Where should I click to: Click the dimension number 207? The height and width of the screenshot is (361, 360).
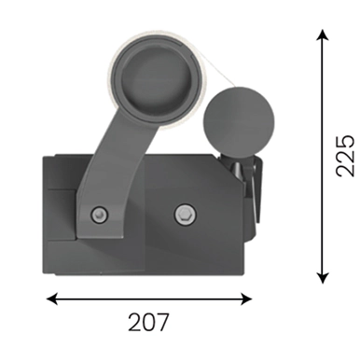tap(148, 322)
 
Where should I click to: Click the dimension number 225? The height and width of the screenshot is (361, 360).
tap(345, 156)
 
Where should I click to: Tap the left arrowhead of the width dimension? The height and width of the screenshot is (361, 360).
tap(51, 299)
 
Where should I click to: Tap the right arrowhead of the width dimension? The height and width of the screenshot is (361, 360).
tap(246, 299)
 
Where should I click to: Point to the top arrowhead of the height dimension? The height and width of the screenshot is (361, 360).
tap(323, 35)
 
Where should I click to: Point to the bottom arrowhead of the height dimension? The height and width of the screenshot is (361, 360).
tap(323, 278)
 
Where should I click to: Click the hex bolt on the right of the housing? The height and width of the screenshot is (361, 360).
tap(185, 215)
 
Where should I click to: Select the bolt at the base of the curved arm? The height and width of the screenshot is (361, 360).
tap(99, 215)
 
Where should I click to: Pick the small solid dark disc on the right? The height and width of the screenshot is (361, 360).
tap(239, 121)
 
